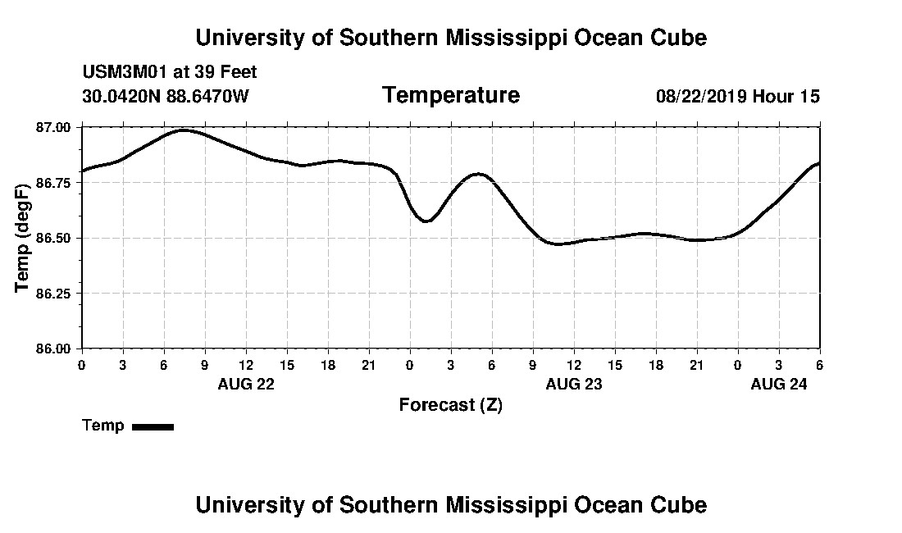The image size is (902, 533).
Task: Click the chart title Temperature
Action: pyautogui.click(x=450, y=96)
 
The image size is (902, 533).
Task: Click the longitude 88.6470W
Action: pyautogui.click(x=207, y=97)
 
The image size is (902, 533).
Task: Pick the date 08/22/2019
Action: pyautogui.click(x=701, y=97)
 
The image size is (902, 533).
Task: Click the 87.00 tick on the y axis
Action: pyautogui.click(x=55, y=127)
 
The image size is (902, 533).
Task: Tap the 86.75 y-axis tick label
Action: pyautogui.click(x=55, y=183)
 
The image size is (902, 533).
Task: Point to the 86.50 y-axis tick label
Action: pyautogui.click(x=55, y=238)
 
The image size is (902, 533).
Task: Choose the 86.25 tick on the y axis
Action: pyautogui.click(x=55, y=294)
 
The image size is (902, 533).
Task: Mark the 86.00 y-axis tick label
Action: pyautogui.click(x=55, y=348)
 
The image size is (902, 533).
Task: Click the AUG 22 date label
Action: pyautogui.click(x=246, y=384)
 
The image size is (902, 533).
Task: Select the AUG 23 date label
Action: pyautogui.click(x=574, y=384)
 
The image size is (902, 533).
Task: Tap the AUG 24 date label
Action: pyautogui.click(x=779, y=384)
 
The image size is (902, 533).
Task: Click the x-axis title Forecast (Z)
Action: pyautogui.click(x=450, y=405)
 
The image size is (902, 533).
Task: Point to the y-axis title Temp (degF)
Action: pyautogui.click(x=24, y=238)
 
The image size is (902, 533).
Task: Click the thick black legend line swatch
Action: pyautogui.click(x=153, y=426)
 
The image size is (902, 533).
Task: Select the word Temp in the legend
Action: pyautogui.click(x=103, y=426)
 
